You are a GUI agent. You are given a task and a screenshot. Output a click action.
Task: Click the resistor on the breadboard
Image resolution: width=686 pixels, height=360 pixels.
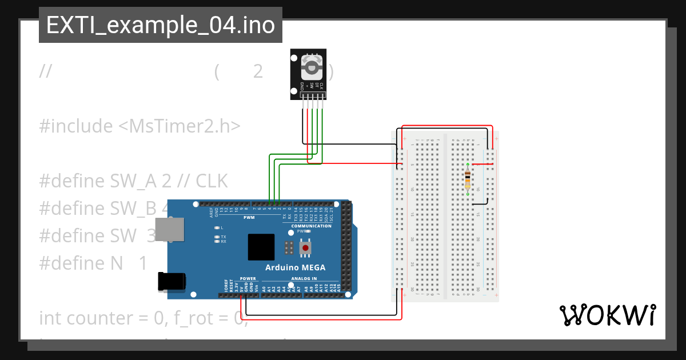coord(468,179)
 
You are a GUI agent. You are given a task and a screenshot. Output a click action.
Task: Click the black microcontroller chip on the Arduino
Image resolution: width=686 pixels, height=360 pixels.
coord(261,247)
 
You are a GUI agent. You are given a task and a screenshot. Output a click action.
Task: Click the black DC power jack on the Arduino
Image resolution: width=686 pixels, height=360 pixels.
coord(172,282)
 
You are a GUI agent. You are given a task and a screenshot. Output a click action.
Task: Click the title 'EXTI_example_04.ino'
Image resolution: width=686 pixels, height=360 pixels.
coord(160,26)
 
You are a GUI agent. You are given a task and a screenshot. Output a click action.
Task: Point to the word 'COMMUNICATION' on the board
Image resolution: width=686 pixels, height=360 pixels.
coord(311,226)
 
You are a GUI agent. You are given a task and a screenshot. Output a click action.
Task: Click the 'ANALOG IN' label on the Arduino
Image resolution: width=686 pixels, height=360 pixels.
coord(304,278)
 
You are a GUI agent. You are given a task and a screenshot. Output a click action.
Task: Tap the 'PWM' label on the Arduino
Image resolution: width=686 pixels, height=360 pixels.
coord(249,218)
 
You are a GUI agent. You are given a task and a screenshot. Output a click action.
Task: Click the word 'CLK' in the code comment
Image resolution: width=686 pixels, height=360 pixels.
coord(212,181)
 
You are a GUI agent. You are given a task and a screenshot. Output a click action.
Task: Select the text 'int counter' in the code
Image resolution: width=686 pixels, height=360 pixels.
coord(74,318)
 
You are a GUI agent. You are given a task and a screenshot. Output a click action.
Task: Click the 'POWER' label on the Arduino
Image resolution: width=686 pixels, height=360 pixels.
coord(248,278)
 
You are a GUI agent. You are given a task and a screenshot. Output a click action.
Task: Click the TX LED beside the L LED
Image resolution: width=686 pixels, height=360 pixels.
coord(217,237)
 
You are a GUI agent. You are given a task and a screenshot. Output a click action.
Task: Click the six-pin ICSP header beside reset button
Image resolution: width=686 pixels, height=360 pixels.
coord(289,248)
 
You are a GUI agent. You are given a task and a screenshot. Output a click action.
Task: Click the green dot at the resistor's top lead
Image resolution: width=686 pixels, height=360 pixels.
coord(468,165)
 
